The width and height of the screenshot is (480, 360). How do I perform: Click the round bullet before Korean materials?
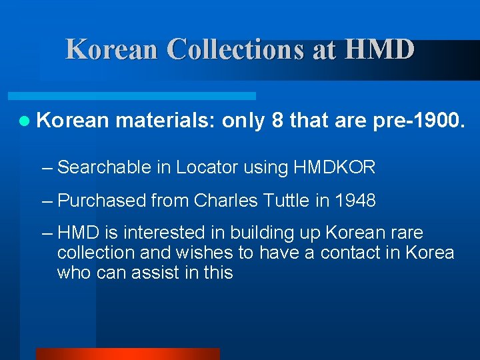[x=25, y=121]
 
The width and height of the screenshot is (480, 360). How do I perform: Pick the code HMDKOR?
[x=334, y=167]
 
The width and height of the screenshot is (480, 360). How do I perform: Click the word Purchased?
[x=102, y=201]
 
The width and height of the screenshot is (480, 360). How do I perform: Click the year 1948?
[x=355, y=201]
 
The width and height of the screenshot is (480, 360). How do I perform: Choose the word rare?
[x=404, y=233]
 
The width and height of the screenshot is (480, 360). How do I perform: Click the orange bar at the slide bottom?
[x=127, y=354]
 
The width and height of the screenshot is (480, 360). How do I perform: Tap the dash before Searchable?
[x=46, y=167]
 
